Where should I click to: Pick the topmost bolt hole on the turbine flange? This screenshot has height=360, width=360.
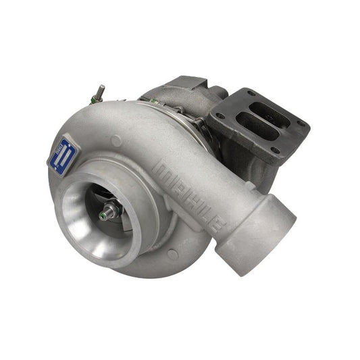251,93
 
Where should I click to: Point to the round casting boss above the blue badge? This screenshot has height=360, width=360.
117,139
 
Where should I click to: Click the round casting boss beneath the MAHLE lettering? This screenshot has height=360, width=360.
173,255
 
